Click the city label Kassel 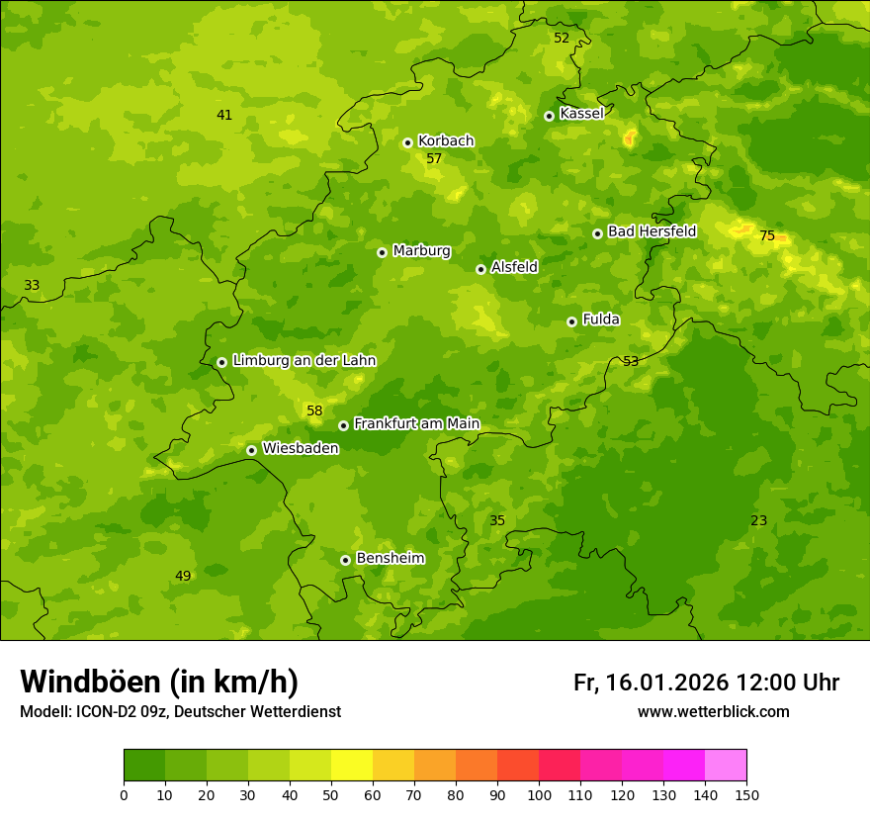581,114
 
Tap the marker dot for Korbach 407,142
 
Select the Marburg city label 421,251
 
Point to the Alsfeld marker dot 480,269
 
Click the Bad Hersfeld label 652,231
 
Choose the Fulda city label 601,319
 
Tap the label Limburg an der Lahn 304,361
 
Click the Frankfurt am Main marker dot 343,425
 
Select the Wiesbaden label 301,448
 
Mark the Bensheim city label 390,559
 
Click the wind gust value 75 767,236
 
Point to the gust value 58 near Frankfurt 314,410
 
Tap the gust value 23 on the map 758,521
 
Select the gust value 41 224,116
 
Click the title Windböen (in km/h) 159,682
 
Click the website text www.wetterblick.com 713,712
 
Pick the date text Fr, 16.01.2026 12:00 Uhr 706,683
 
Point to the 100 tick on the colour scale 539,794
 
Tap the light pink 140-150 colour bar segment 726,766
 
